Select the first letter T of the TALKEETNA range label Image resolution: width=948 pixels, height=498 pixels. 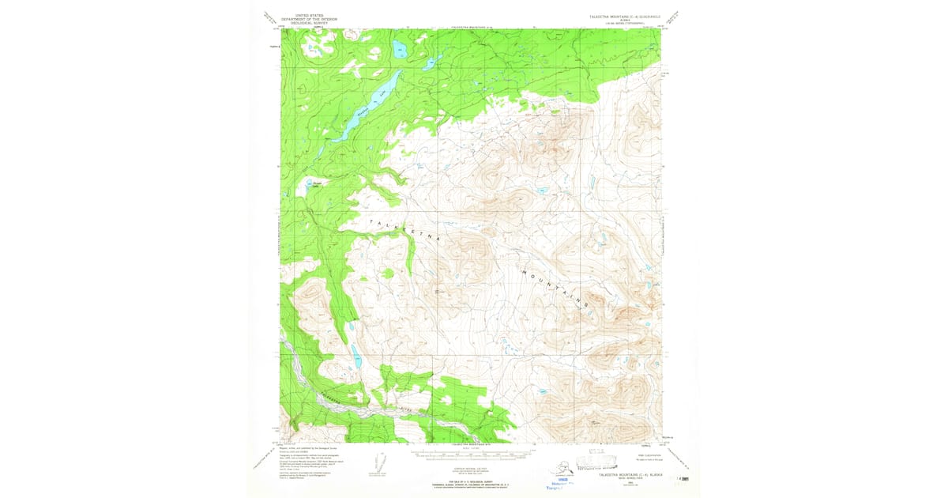coord(370,222)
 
